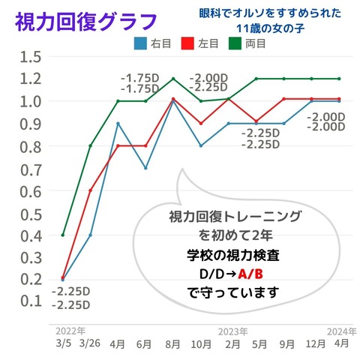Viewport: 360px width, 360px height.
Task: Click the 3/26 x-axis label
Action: coord(90,343)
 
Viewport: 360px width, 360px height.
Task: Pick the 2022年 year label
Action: coord(70,331)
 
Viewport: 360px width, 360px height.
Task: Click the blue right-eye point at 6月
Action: coord(145,168)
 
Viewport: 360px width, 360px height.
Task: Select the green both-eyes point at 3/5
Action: coord(62,235)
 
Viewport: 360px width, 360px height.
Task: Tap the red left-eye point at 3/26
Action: coord(90,190)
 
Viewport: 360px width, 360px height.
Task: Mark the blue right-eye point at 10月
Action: coord(201,145)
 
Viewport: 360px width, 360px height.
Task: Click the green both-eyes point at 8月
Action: coord(173,78)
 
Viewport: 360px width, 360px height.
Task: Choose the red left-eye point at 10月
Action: coord(201,124)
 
